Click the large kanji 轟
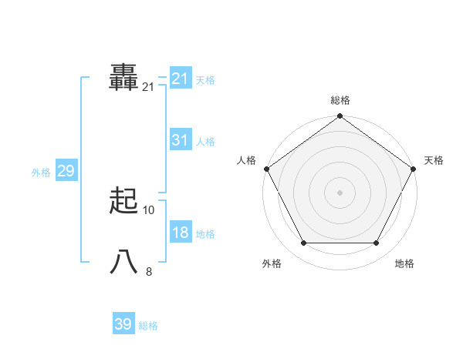click(x=124, y=78)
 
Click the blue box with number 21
click(x=180, y=79)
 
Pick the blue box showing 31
click(x=180, y=140)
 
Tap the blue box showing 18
click(x=180, y=233)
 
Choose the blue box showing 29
click(x=66, y=171)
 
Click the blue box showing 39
click(x=123, y=324)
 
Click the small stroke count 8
click(x=149, y=272)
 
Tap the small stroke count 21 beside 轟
click(x=148, y=88)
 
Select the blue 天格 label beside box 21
click(x=205, y=80)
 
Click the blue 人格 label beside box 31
click(x=205, y=142)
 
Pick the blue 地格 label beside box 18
click(x=205, y=234)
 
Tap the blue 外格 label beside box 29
click(x=41, y=173)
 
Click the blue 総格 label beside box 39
click(x=148, y=326)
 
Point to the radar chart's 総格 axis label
click(x=340, y=100)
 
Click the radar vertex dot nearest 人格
click(x=266, y=169)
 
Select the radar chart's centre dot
click(x=340, y=192)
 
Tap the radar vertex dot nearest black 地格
click(x=377, y=243)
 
